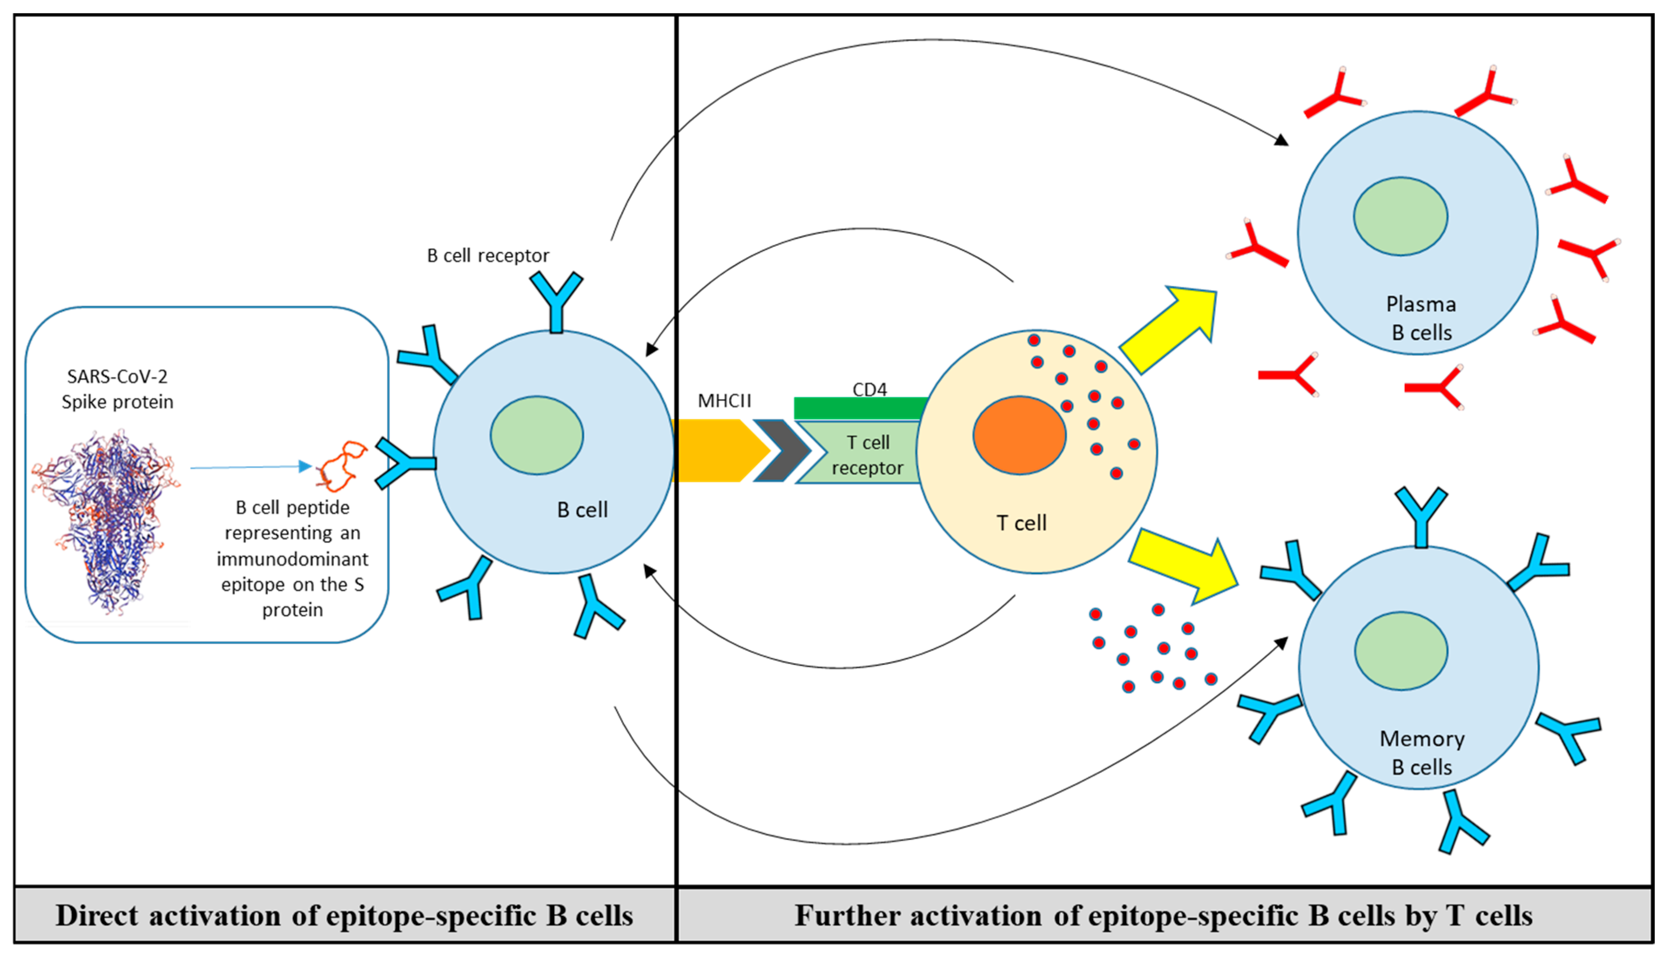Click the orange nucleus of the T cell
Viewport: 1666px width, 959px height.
coord(1019,436)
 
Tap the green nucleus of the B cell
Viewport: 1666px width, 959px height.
coord(536,436)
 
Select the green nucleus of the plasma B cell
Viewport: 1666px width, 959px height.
coord(1400,216)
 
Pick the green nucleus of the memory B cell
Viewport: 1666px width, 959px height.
coord(1401,651)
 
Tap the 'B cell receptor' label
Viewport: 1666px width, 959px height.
coord(488,255)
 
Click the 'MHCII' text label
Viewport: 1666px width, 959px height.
coord(724,400)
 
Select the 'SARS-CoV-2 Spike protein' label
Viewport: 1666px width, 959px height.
coord(117,389)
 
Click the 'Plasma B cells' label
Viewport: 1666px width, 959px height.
coord(1421,318)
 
